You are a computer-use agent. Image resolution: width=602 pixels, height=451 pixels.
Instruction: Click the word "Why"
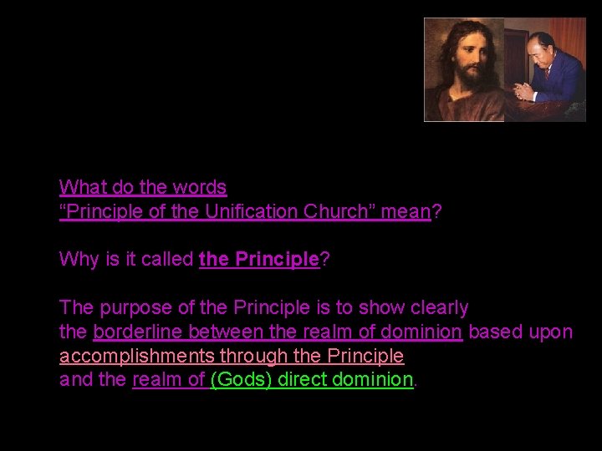pyautogui.click(x=76, y=259)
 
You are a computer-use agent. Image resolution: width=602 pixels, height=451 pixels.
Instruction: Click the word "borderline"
pyautogui.click(x=138, y=332)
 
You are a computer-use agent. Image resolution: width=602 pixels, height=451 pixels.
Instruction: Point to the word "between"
pyautogui.click(x=219, y=332)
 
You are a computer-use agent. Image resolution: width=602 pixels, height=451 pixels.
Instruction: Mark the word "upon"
pyautogui.click(x=552, y=332)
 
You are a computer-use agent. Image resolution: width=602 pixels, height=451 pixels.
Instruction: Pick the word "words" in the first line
pyautogui.click(x=202, y=186)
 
